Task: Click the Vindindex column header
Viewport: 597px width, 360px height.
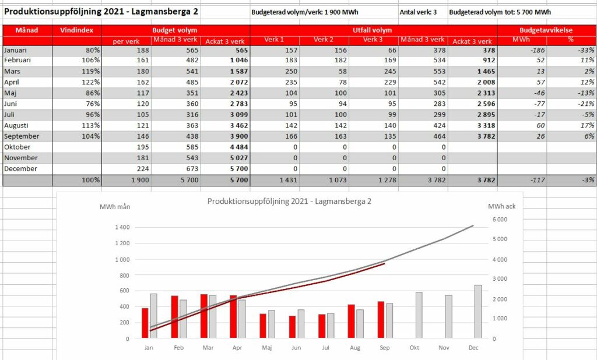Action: click(x=76, y=30)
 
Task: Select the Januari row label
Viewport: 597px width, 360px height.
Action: click(x=15, y=50)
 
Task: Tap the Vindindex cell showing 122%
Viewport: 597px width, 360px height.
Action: click(x=90, y=82)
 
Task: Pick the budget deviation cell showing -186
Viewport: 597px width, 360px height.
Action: click(x=537, y=50)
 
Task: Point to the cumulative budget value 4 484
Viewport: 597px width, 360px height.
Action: click(x=238, y=147)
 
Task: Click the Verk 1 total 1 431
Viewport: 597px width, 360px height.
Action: click(x=288, y=180)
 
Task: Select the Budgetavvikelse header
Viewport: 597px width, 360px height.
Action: click(x=546, y=30)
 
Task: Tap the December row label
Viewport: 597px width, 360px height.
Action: click(x=20, y=169)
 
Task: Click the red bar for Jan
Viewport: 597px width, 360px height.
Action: click(x=145, y=323)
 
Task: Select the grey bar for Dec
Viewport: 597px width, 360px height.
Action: click(x=478, y=312)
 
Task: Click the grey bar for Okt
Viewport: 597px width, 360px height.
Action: click(x=419, y=315)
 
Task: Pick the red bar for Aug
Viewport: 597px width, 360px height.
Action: click(x=351, y=322)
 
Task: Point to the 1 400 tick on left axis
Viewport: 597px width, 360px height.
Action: click(x=122, y=227)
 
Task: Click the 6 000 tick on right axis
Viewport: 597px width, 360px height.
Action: click(x=500, y=220)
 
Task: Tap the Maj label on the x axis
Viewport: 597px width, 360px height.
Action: click(x=267, y=348)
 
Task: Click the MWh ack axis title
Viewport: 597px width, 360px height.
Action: click(x=501, y=206)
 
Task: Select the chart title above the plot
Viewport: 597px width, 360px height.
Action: click(x=289, y=202)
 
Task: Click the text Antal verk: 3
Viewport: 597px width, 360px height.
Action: click(x=418, y=12)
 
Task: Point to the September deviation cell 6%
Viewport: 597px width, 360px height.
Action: click(x=589, y=136)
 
